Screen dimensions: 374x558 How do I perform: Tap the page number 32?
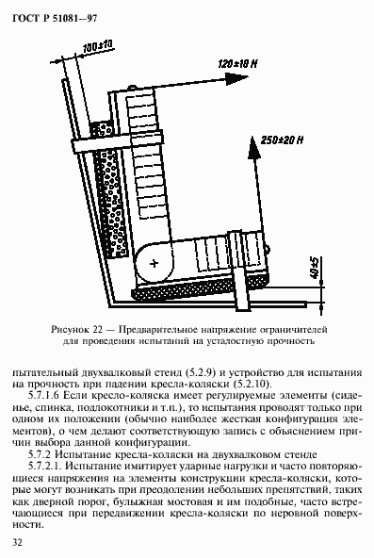coord(16,542)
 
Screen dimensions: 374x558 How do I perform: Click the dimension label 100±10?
coord(97,44)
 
